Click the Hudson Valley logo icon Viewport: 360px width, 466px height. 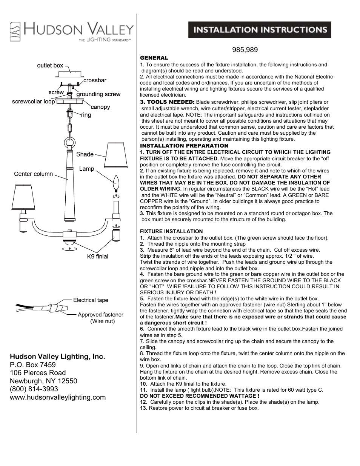(15, 31)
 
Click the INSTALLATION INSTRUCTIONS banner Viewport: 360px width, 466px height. (260, 30)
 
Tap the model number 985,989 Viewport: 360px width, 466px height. (245, 50)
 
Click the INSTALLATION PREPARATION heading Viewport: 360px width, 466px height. (184, 146)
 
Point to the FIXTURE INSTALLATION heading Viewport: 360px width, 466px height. (171, 231)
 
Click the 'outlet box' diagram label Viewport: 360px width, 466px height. (50, 65)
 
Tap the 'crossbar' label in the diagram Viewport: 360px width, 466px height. (95, 80)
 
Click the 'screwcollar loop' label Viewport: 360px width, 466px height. (33, 102)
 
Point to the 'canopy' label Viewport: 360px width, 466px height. (100, 107)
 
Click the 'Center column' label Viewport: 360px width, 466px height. (34, 174)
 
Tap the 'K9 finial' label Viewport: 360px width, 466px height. (98, 257)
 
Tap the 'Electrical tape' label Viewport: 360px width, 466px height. (91, 300)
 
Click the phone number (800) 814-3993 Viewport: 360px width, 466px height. (34, 389)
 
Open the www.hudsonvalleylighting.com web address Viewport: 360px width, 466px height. (58, 397)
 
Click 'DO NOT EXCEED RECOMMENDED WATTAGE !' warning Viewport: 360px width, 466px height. (200, 396)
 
